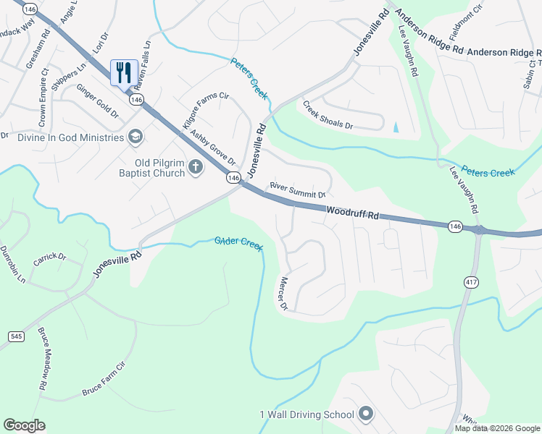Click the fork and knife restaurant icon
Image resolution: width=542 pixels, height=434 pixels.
(x=124, y=73)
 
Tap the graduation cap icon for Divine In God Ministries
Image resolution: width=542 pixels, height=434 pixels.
(x=135, y=137)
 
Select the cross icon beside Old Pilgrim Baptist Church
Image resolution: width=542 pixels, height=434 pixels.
(x=195, y=168)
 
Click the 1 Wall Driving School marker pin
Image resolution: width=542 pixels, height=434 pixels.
(x=366, y=414)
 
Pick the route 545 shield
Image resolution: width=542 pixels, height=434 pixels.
(x=15, y=336)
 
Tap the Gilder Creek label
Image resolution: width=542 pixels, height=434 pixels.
(x=238, y=243)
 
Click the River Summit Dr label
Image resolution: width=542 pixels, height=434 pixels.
(x=298, y=190)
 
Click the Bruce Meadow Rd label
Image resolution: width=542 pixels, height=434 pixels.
(x=42, y=359)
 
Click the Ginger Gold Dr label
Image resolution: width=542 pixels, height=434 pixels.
(x=99, y=101)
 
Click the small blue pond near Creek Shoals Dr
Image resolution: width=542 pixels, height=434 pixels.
(x=395, y=127)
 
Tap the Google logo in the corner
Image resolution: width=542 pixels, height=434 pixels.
(x=24, y=425)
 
